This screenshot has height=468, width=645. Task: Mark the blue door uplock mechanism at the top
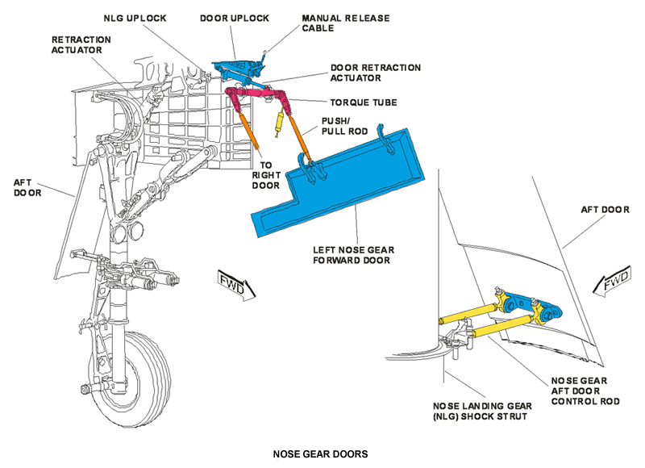[238, 69]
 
